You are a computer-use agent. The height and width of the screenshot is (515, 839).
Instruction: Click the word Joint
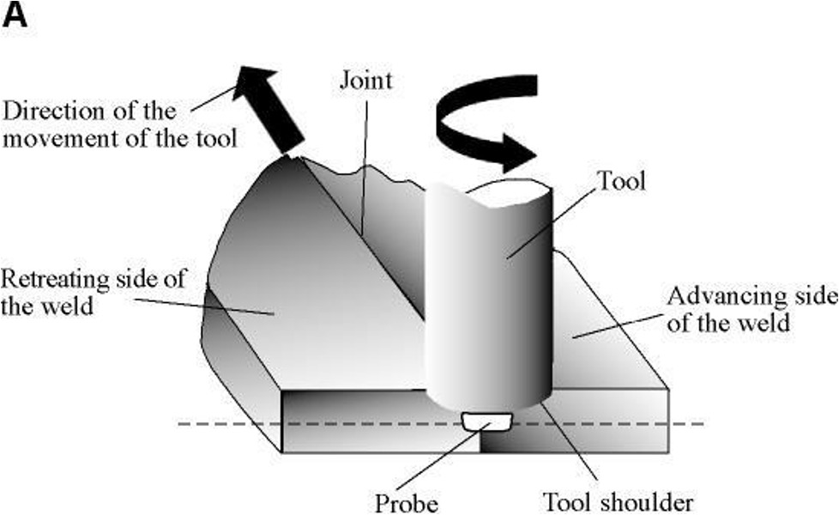tap(364, 81)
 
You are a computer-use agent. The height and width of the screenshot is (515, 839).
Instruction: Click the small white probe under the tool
tap(486, 421)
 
